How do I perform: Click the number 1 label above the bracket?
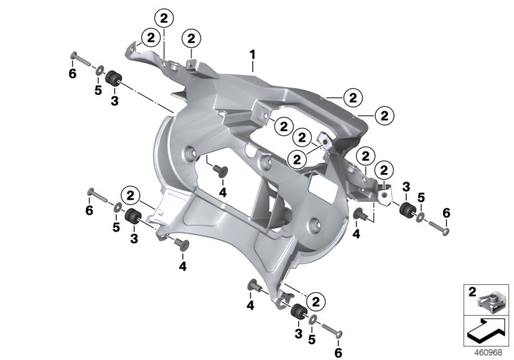pyautogui.click(x=252, y=55)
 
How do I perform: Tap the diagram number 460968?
pyautogui.click(x=488, y=353)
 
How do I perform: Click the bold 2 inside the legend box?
pyautogui.click(x=472, y=292)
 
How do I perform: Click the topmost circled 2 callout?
pyautogui.click(x=164, y=19)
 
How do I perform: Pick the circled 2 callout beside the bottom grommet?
pyautogui.click(x=315, y=301)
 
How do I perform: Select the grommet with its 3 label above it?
pyautogui.click(x=409, y=209)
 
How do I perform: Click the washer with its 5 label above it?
pyautogui.click(x=421, y=217)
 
